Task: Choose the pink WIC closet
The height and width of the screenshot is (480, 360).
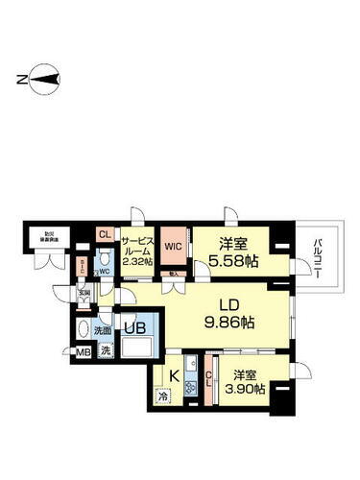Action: (x=174, y=247)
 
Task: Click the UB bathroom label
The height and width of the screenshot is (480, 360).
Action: (x=130, y=329)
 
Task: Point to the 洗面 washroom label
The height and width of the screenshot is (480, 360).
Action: (x=103, y=330)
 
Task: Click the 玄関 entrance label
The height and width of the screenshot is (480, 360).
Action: (x=84, y=292)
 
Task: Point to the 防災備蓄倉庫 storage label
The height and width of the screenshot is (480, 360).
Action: (x=47, y=236)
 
